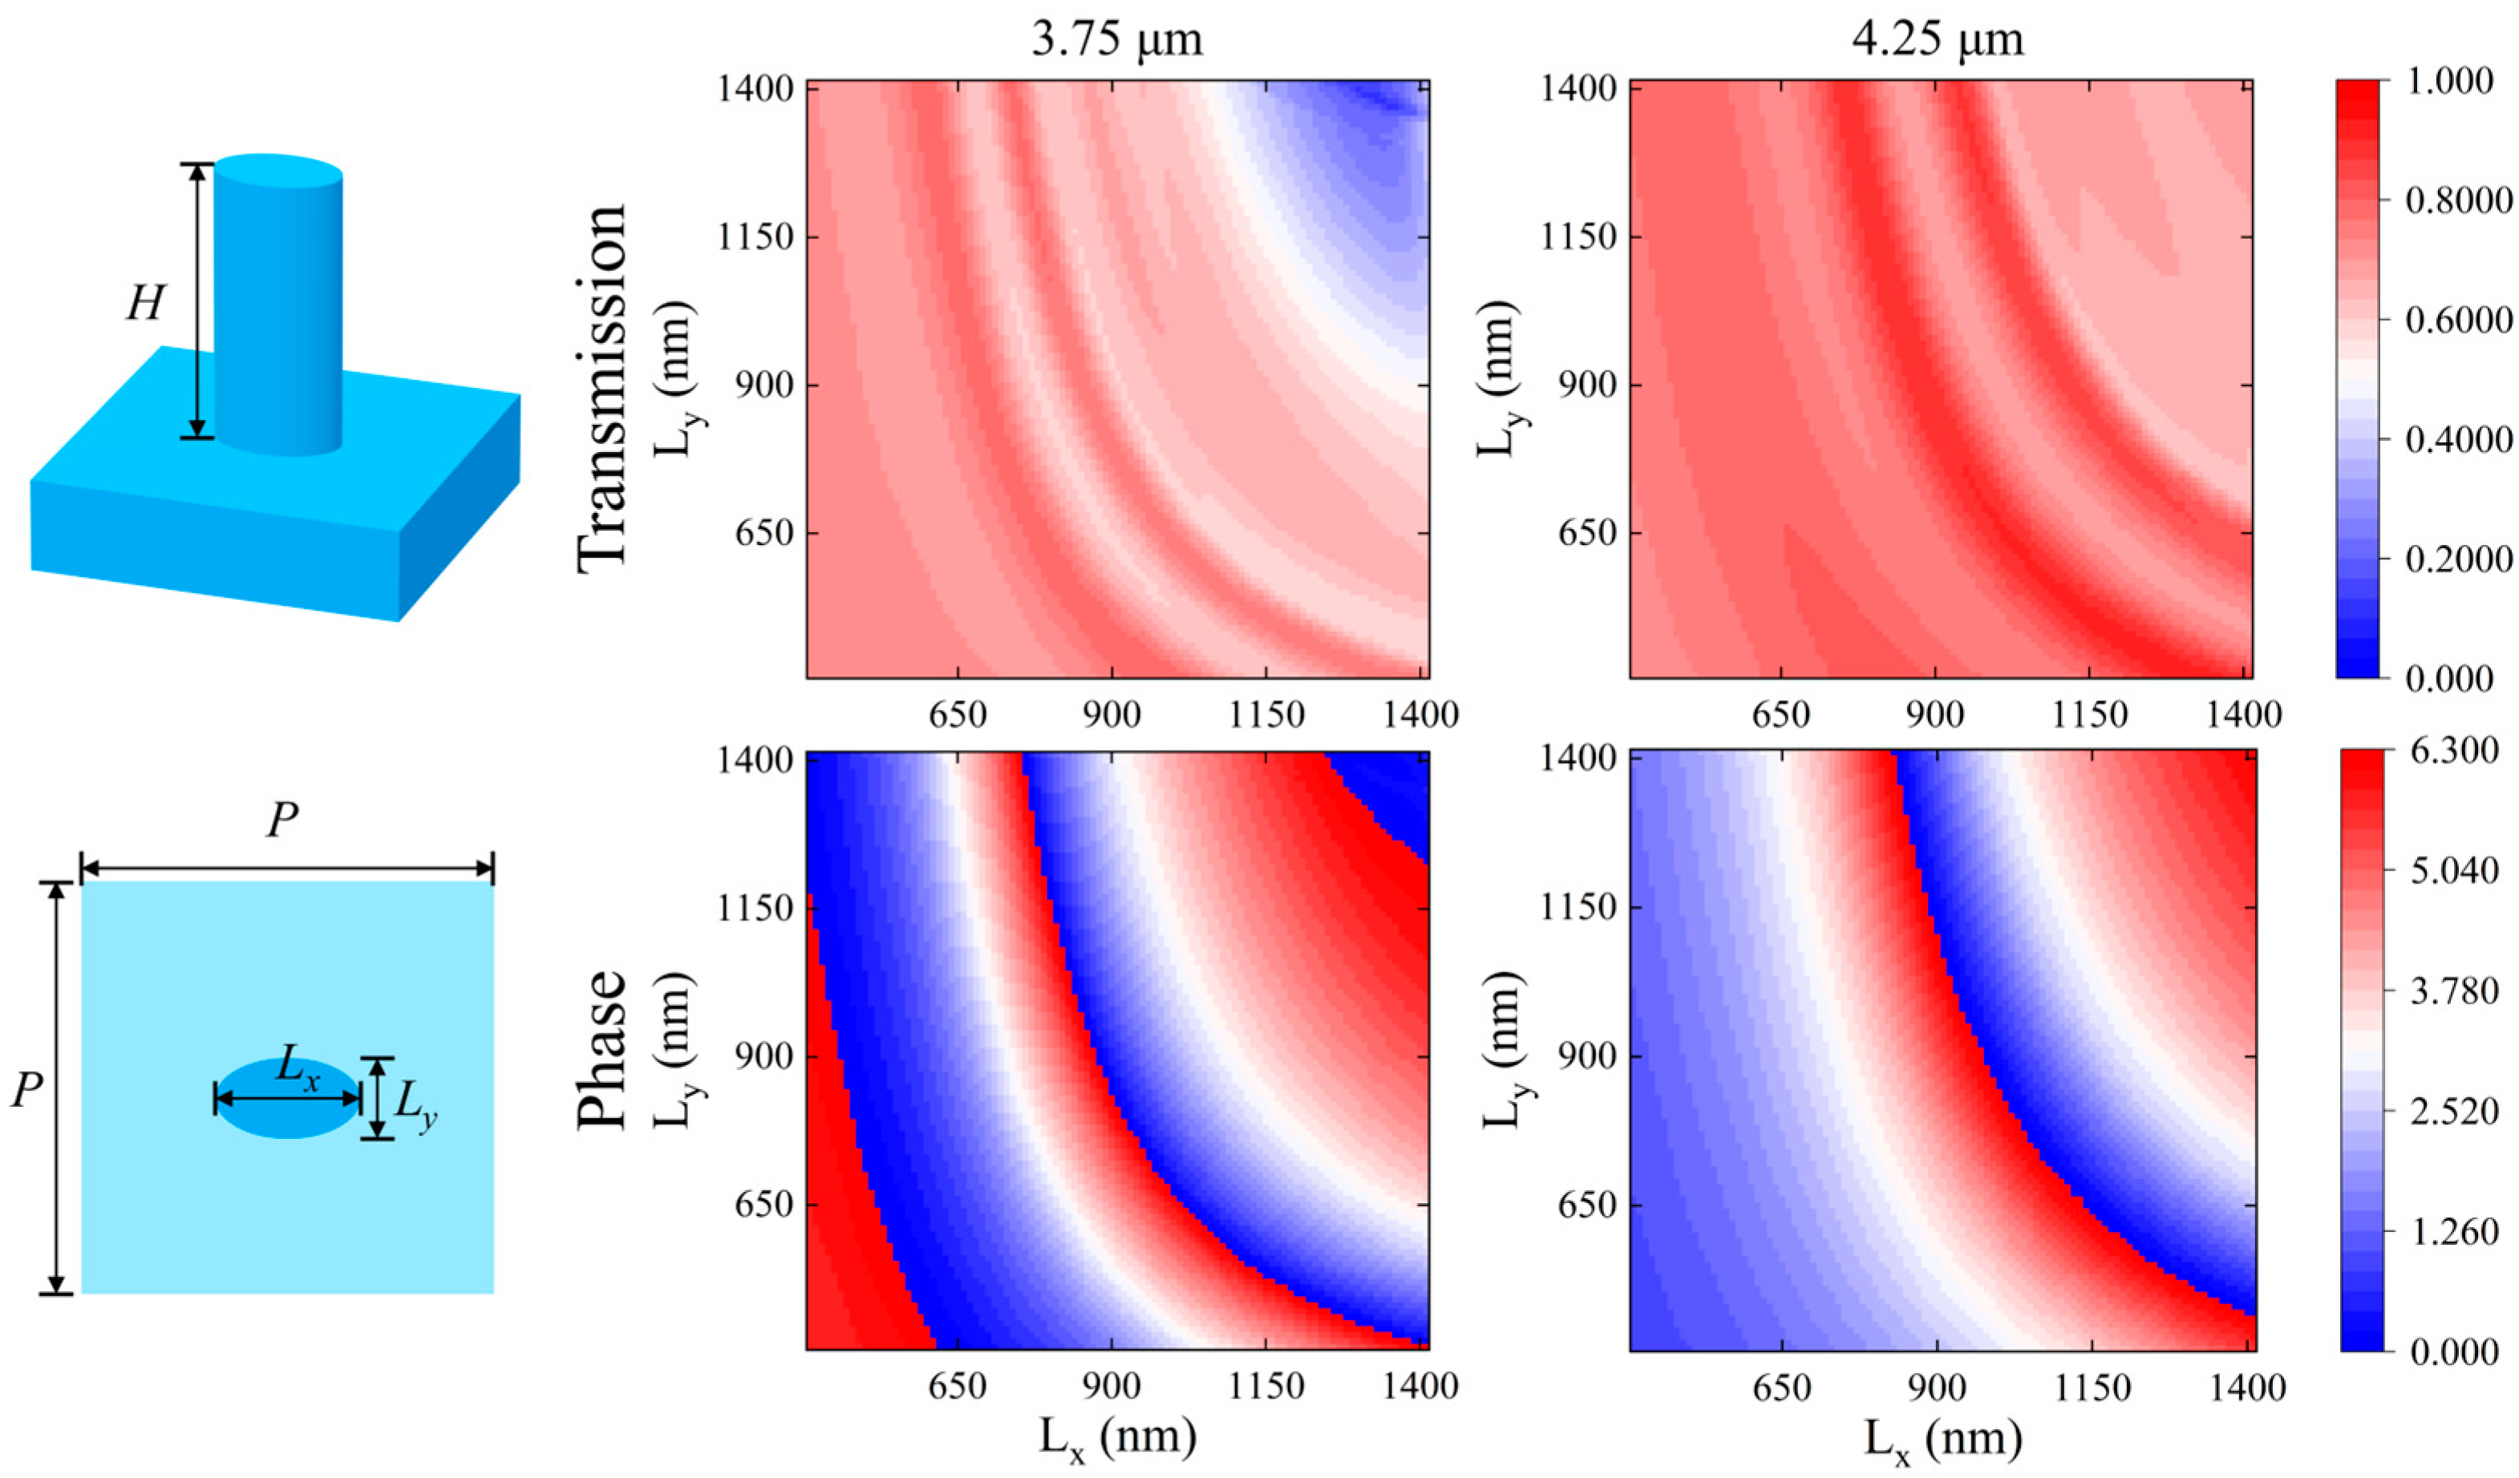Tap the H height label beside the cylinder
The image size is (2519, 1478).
tap(145, 303)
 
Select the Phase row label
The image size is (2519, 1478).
tap(603, 1049)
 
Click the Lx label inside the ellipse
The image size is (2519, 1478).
tap(297, 1069)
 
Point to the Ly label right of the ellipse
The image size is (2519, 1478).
tap(415, 1104)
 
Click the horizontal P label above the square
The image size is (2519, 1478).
tap(283, 822)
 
